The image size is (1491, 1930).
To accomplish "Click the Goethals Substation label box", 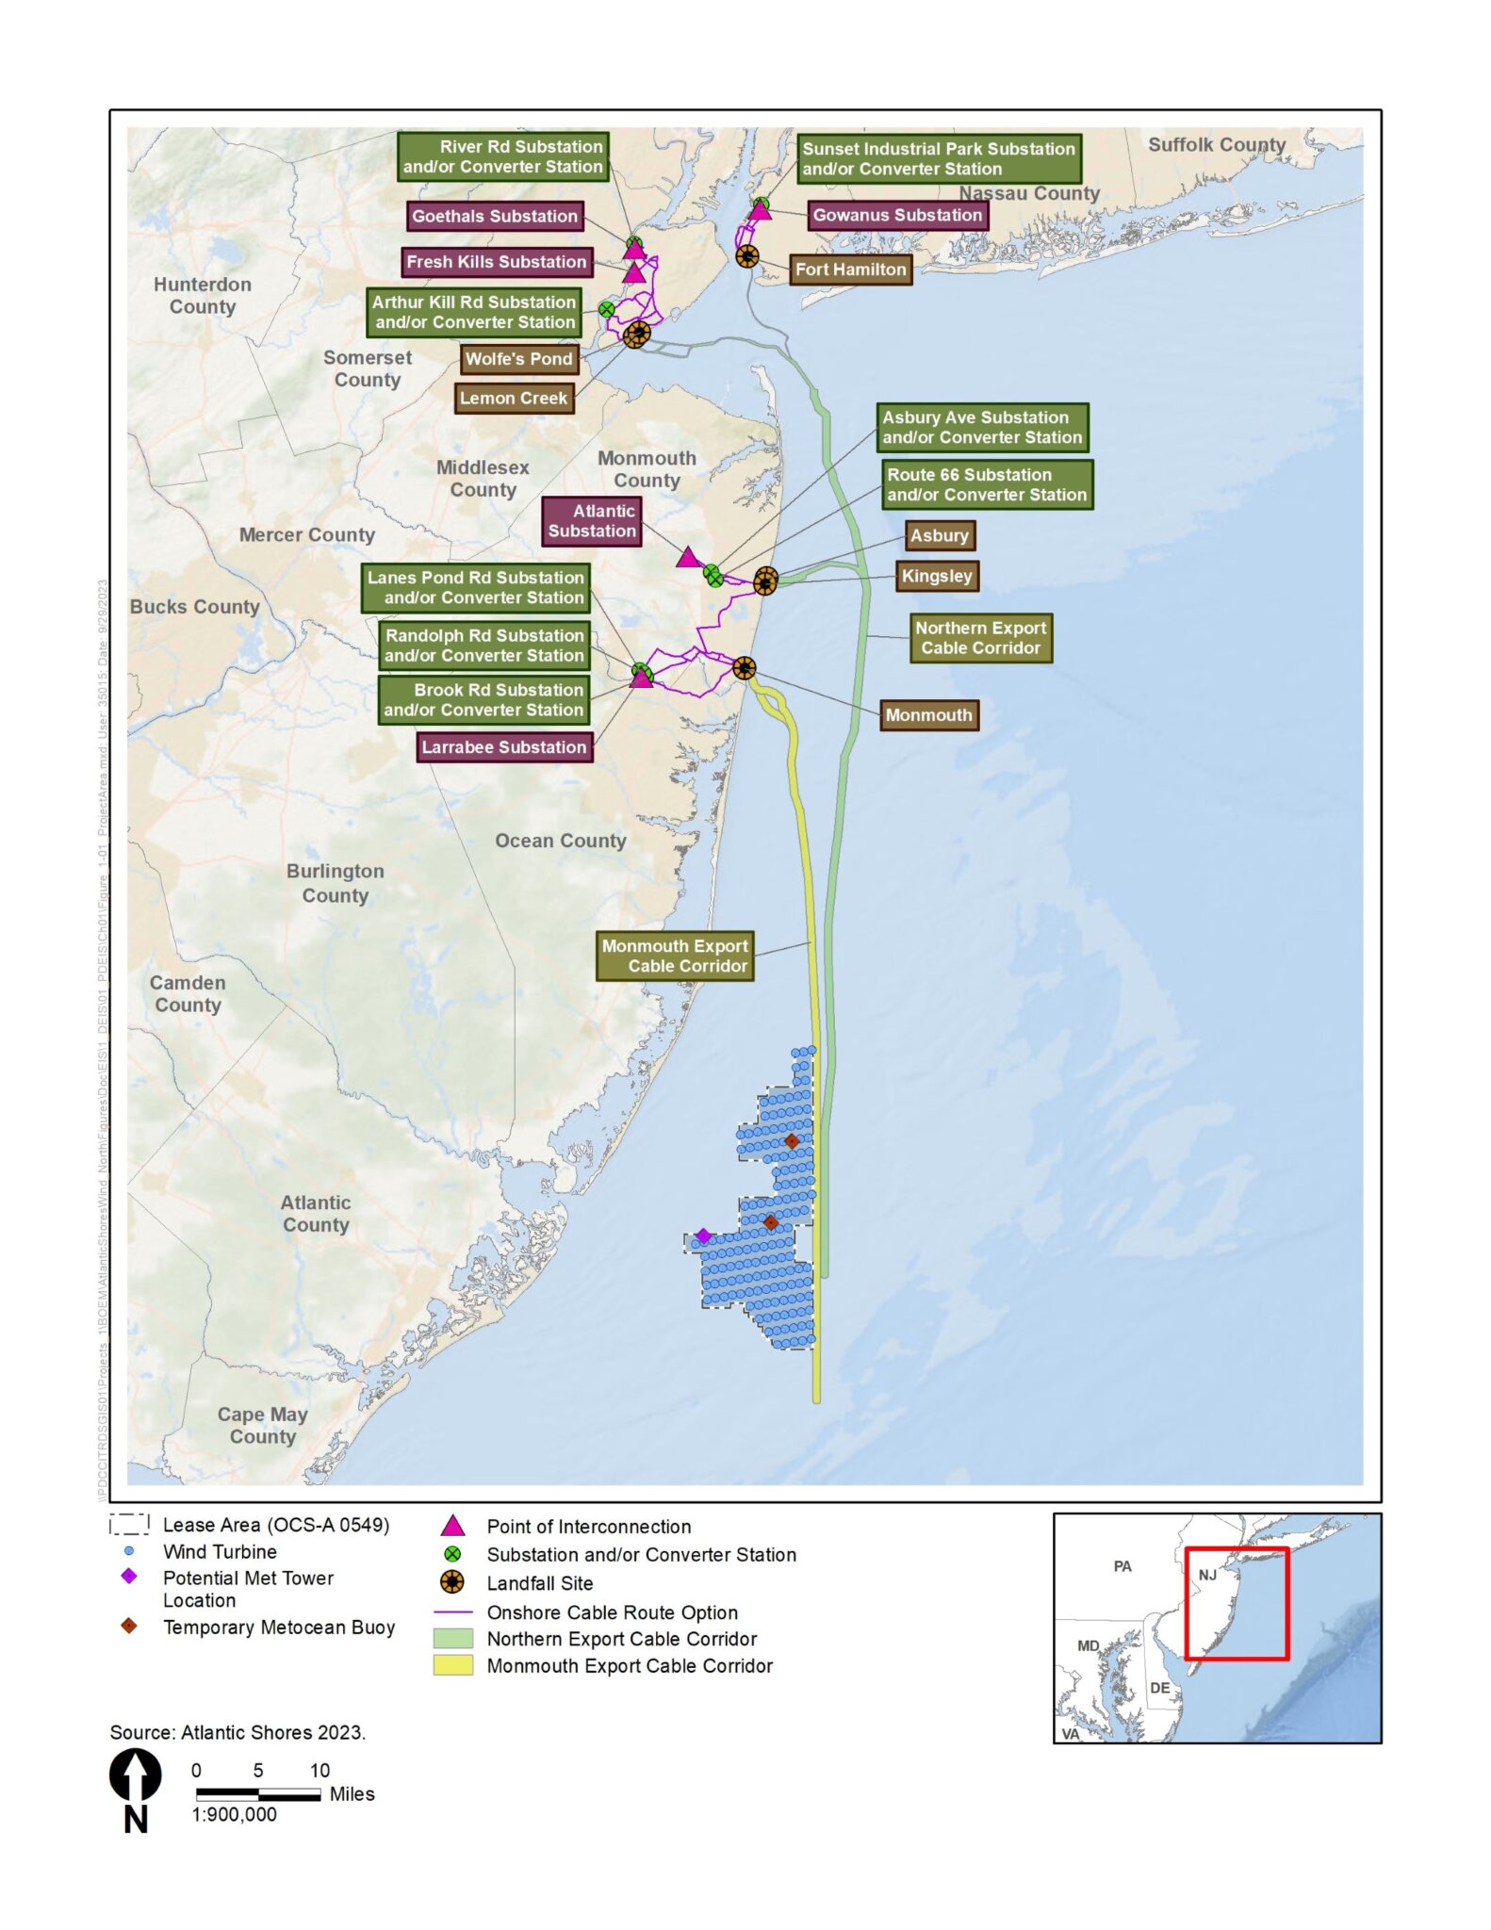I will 495,216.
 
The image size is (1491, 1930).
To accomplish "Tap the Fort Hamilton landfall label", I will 850,270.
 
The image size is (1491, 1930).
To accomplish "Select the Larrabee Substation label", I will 504,747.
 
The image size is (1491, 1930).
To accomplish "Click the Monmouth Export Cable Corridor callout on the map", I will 675,956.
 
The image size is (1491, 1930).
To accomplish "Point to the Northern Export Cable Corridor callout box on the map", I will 980,638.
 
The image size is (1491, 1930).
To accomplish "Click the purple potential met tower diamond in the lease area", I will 703,1235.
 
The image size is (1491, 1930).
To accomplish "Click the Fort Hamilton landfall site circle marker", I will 746,256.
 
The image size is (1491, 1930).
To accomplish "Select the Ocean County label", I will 561,841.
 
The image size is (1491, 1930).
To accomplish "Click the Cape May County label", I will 262,1425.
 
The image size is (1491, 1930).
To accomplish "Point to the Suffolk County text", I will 1216,144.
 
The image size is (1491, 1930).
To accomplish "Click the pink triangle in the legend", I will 453,1526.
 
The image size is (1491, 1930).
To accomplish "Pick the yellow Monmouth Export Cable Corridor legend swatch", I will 452,1665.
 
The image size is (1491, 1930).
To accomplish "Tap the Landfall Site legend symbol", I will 453,1583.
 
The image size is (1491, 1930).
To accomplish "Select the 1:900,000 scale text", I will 235,1814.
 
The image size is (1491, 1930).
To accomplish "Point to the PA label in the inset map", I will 1122,1566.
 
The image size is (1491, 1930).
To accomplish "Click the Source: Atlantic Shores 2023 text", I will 238,1732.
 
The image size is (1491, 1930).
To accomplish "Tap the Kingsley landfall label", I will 936,576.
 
